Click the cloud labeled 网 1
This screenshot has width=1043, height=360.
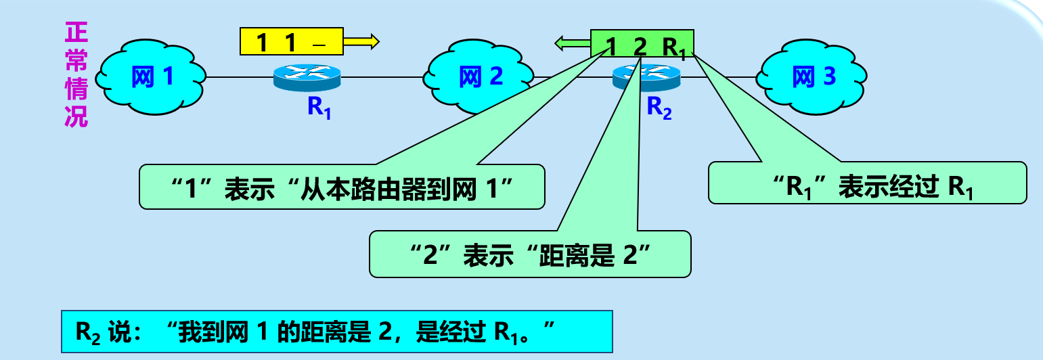[151, 77]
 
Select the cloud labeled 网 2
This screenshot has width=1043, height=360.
[480, 77]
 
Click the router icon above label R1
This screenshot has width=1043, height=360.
[307, 78]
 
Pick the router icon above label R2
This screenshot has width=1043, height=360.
[646, 78]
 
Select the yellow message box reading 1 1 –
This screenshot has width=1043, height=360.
[292, 42]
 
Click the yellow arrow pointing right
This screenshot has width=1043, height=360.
[361, 42]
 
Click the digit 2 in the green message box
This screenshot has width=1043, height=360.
[639, 47]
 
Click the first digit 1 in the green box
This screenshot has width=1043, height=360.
[611, 47]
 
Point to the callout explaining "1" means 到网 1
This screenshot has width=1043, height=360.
[342, 187]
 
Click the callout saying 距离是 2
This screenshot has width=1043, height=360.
[530, 254]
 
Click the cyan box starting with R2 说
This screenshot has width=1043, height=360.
[336, 332]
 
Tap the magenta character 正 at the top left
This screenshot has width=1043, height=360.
[76, 31]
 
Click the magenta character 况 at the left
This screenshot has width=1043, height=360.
[76, 116]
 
